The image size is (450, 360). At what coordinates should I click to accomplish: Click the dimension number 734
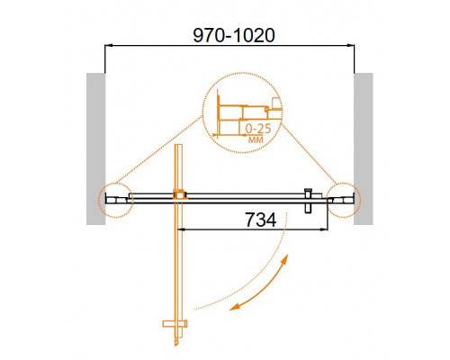261,219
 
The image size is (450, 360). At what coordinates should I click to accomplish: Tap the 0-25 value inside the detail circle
261,127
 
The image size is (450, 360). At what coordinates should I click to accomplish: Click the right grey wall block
364,148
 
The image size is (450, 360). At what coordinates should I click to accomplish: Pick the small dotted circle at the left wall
114,197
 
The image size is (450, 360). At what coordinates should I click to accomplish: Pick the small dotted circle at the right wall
343,197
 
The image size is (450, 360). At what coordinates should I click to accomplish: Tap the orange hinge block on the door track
180,193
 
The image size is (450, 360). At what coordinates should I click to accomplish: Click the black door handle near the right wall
309,200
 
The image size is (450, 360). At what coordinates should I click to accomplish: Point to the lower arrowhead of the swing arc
234,308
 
